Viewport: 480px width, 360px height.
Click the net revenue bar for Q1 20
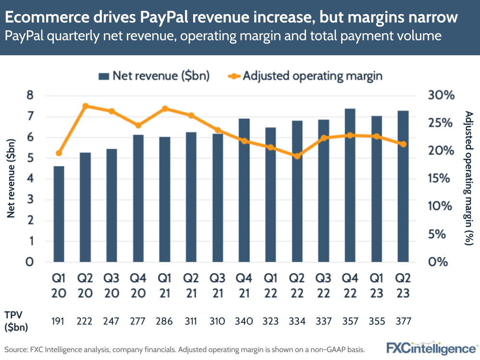click(x=59, y=214)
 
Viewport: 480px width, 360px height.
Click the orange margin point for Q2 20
click(x=85, y=106)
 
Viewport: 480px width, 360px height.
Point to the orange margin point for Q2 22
click(x=297, y=156)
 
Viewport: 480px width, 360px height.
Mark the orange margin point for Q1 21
click(x=165, y=109)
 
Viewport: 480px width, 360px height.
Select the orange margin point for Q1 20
click(x=59, y=153)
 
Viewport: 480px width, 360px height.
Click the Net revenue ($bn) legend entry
click(x=154, y=75)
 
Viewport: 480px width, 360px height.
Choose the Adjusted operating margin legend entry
click(x=305, y=75)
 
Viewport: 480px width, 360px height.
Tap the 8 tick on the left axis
click(x=30, y=96)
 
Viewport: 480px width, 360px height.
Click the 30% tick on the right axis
click(x=441, y=96)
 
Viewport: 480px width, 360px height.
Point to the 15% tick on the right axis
click(x=441, y=179)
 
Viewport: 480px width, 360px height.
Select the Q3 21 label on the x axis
click(x=218, y=286)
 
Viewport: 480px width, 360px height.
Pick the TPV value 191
click(x=59, y=321)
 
